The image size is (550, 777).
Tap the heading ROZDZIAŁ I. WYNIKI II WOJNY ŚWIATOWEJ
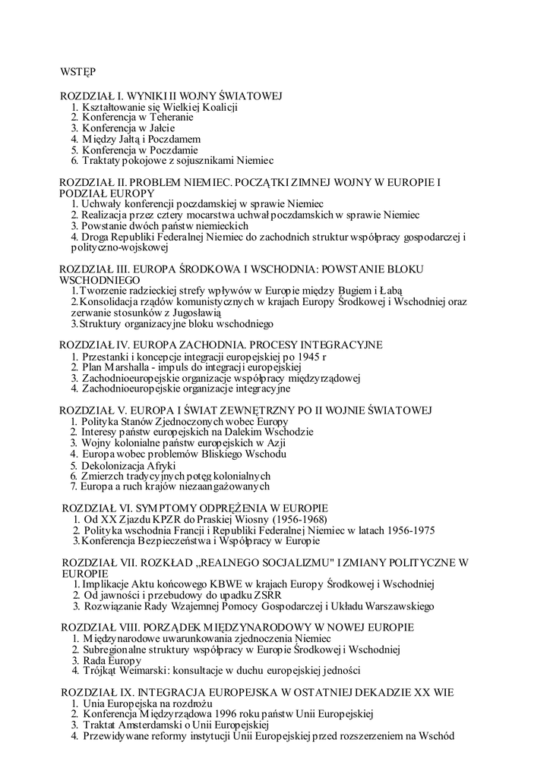tap(171, 96)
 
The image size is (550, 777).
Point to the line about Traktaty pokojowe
tap(172, 162)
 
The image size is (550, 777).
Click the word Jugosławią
tap(196, 313)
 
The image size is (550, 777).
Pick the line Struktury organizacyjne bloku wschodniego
tap(172, 324)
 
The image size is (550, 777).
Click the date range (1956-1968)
tap(293, 519)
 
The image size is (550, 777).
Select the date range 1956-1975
tap(409, 530)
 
